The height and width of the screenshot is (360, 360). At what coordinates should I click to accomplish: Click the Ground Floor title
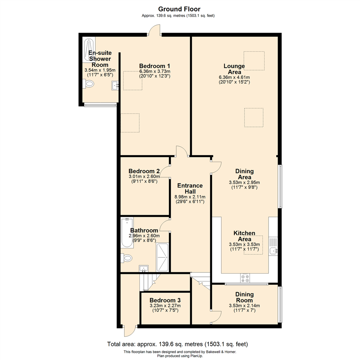179,9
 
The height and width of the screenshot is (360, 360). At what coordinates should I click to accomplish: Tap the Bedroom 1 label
155,66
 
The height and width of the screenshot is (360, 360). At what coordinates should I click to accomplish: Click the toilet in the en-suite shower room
89,85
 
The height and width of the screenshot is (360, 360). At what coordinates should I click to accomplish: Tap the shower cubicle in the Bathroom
162,257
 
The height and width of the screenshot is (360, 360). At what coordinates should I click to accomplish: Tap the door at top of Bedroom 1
155,31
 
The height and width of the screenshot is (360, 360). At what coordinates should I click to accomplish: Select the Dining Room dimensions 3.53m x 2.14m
244,306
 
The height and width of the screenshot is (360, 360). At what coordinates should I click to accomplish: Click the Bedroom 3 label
165,300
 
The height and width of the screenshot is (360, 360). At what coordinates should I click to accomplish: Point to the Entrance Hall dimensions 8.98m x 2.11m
190,197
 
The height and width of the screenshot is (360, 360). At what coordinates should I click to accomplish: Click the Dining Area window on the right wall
281,186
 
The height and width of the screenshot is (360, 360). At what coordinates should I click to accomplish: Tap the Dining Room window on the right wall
281,304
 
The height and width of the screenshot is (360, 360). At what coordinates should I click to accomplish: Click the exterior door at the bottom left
129,331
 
